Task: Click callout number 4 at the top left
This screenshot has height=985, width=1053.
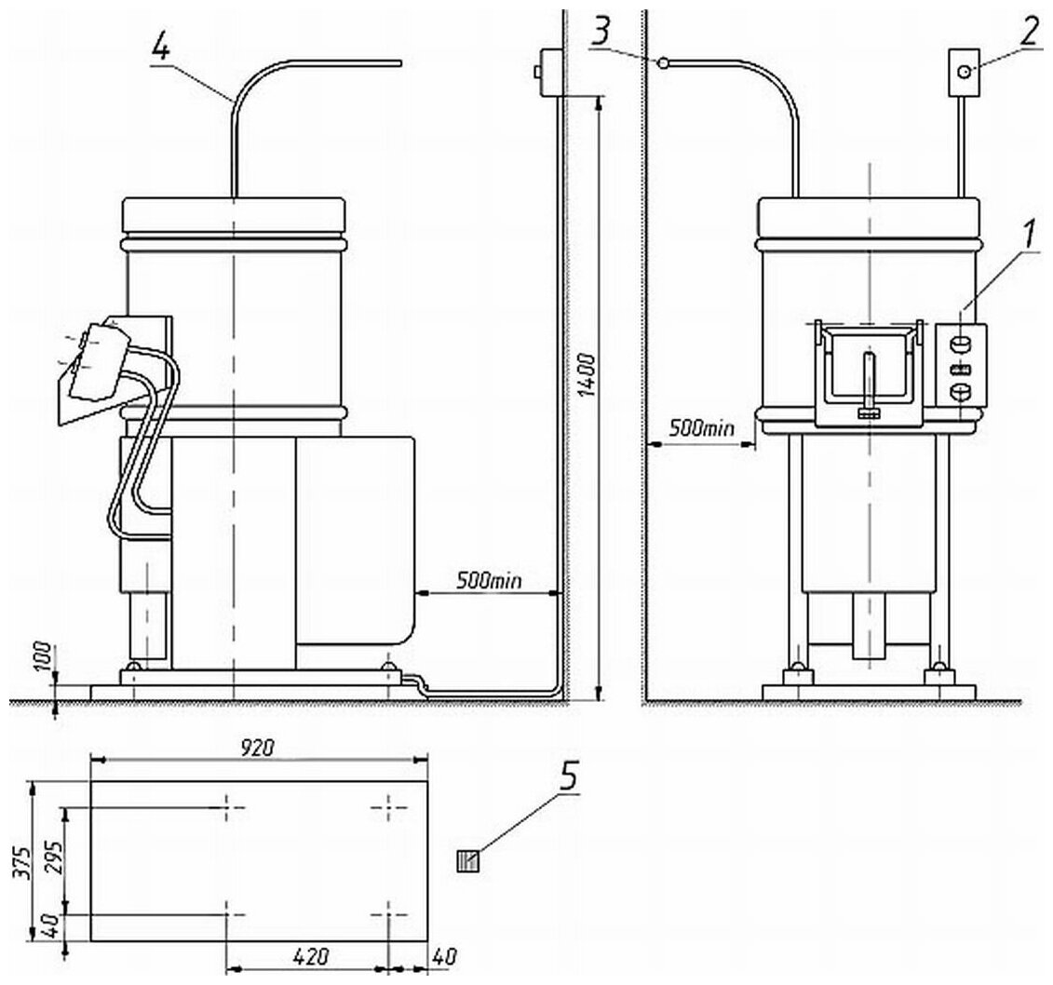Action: [x=160, y=47]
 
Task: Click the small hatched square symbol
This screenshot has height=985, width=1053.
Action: [x=467, y=862]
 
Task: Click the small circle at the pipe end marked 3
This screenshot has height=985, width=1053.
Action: [x=662, y=63]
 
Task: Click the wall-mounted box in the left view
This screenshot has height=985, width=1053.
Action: [x=547, y=72]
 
